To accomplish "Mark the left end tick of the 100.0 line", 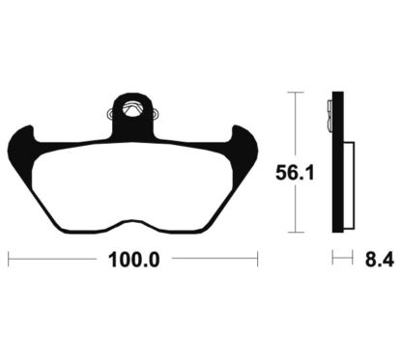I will coord(9,259).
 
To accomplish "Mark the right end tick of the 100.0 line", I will coord(257,259).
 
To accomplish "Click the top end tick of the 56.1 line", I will coord(295,93).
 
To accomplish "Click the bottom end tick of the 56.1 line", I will coord(295,235).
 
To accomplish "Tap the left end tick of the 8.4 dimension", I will coord(333,259).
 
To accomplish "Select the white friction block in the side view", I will coord(349,183).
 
